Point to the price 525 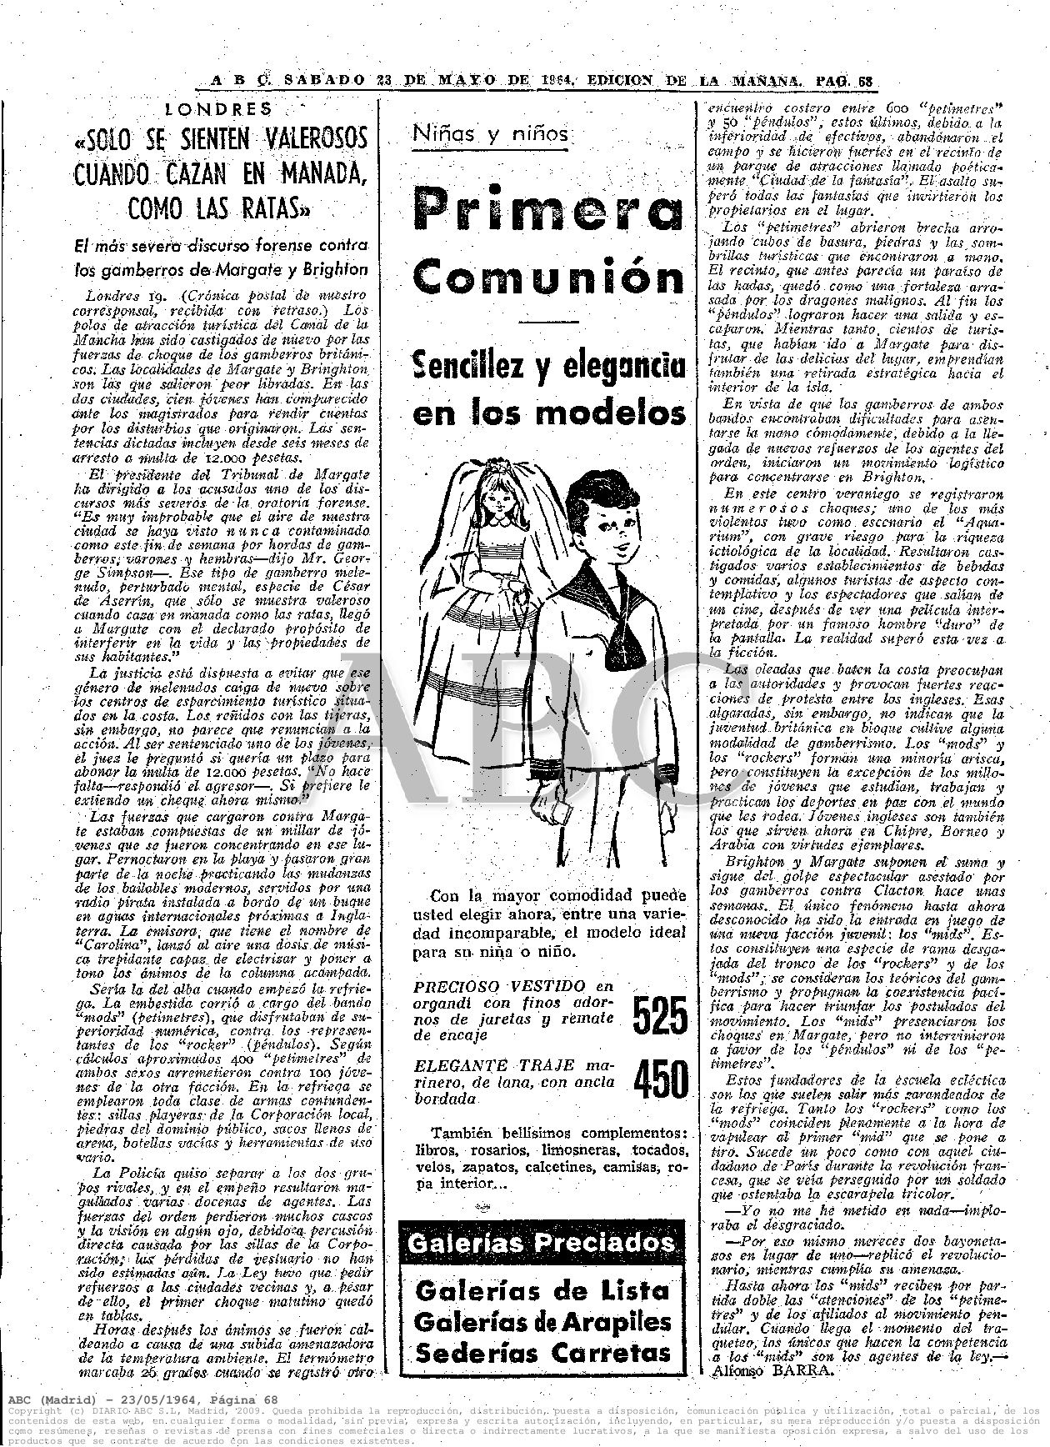(660, 1015)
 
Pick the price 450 (660, 1080)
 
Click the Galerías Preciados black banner (542, 1243)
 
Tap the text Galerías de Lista (542, 1291)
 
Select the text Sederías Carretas (542, 1353)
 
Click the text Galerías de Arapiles (542, 1322)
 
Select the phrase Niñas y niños (490, 133)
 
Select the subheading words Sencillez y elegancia (548, 366)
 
